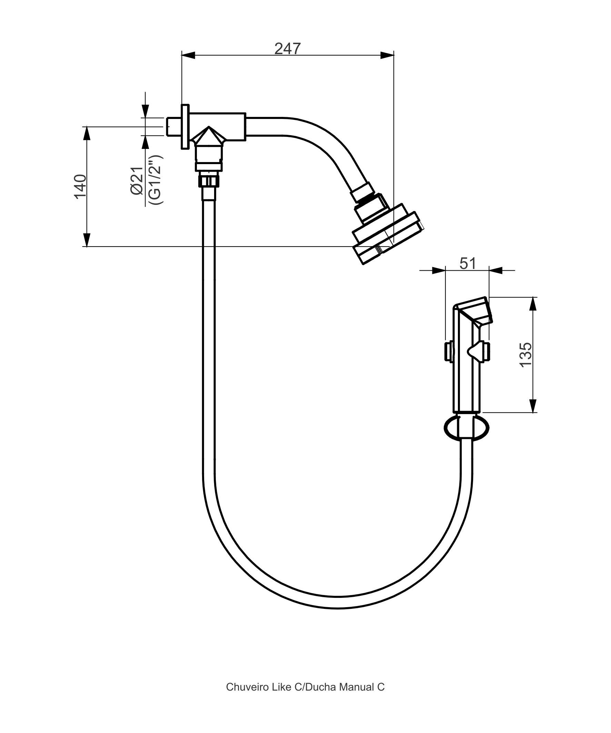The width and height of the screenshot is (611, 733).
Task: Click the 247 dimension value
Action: [287, 49]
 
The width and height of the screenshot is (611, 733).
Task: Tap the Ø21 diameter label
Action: [137, 180]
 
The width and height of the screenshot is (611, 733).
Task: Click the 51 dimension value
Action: [468, 263]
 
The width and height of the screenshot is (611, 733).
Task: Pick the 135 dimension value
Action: [525, 355]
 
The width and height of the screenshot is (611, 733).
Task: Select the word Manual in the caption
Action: [357, 687]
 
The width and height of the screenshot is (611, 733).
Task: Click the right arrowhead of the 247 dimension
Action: [387, 55]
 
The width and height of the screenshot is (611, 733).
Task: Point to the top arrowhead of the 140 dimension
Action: [87, 133]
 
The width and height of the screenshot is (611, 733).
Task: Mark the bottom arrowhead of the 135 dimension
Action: [533, 406]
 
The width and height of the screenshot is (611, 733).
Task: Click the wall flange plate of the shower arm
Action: [185, 126]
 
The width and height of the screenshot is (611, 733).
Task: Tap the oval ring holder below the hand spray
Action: [467, 428]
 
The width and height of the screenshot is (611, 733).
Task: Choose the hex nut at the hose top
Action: [209, 181]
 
